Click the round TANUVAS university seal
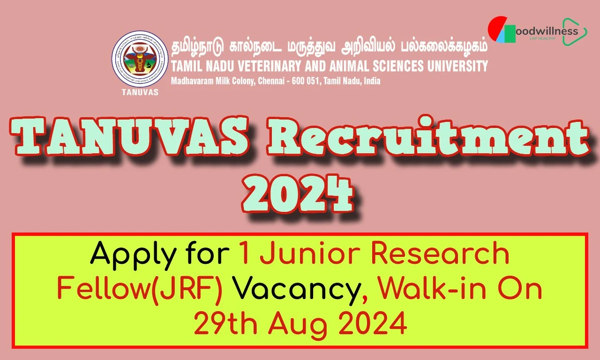tap(140, 59)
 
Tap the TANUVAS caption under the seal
tap(140, 92)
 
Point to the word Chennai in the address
tap(271, 81)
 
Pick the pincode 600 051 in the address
tap(306, 81)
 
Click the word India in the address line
tap(372, 81)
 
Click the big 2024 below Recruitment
tap(298, 194)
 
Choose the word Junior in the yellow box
tap(311, 254)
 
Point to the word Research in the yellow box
tap(440, 254)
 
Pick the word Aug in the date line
tap(298, 325)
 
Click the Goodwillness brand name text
tap(547, 31)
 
